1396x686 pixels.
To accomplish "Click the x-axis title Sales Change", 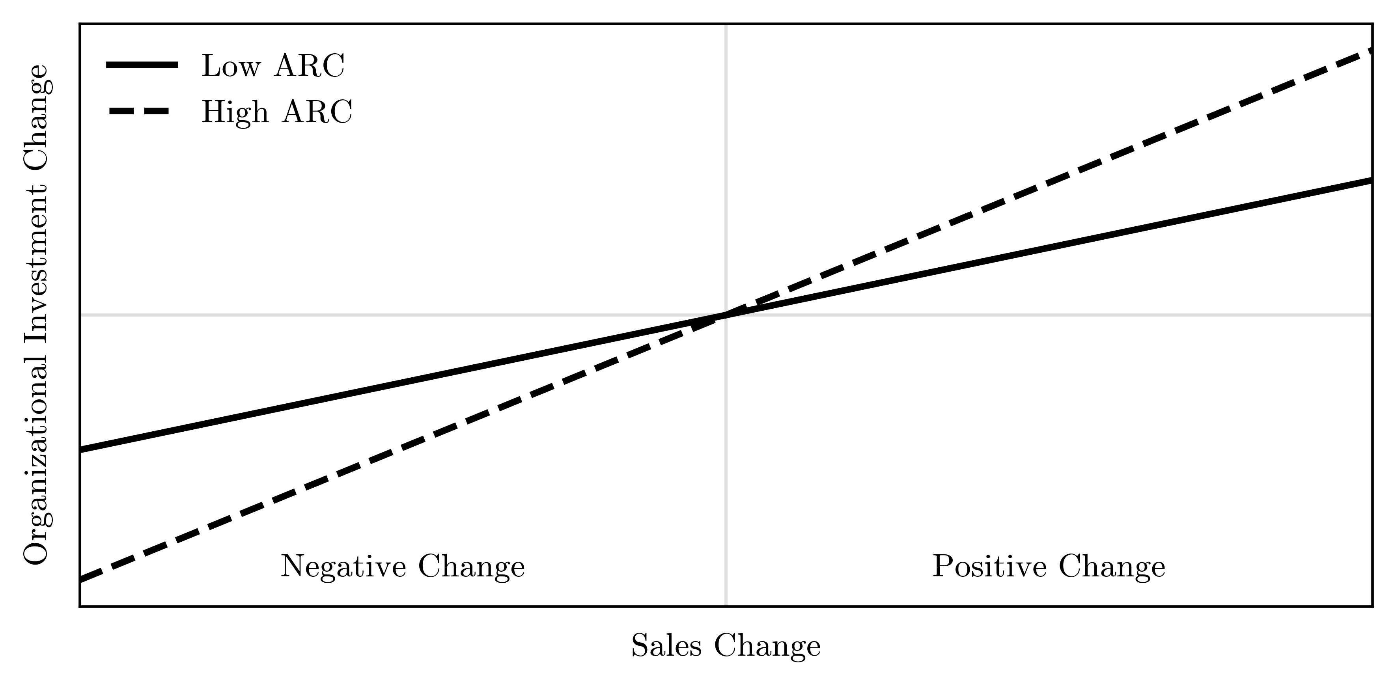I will (726, 646).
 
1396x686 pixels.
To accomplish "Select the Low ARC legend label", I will (272, 66).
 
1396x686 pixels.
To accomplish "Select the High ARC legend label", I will (276, 112).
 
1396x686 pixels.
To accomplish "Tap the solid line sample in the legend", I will (142, 65).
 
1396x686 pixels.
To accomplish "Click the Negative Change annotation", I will (403, 567).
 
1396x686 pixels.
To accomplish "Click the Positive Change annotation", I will (1049, 567).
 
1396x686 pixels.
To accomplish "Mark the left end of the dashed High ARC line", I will (81, 580).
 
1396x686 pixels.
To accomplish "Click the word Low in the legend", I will (231, 66).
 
